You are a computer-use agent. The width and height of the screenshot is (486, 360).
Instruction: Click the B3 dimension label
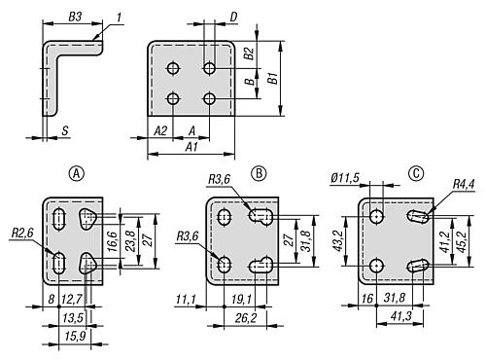point(75,17)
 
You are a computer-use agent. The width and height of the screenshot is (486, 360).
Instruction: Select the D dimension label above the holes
point(233,17)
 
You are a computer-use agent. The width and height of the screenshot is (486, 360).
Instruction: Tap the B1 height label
point(274,78)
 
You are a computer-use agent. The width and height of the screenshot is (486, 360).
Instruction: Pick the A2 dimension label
point(160,129)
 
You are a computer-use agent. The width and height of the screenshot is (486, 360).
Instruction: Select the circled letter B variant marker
point(260,174)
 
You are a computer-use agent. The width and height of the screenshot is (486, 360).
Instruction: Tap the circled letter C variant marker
point(417,174)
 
